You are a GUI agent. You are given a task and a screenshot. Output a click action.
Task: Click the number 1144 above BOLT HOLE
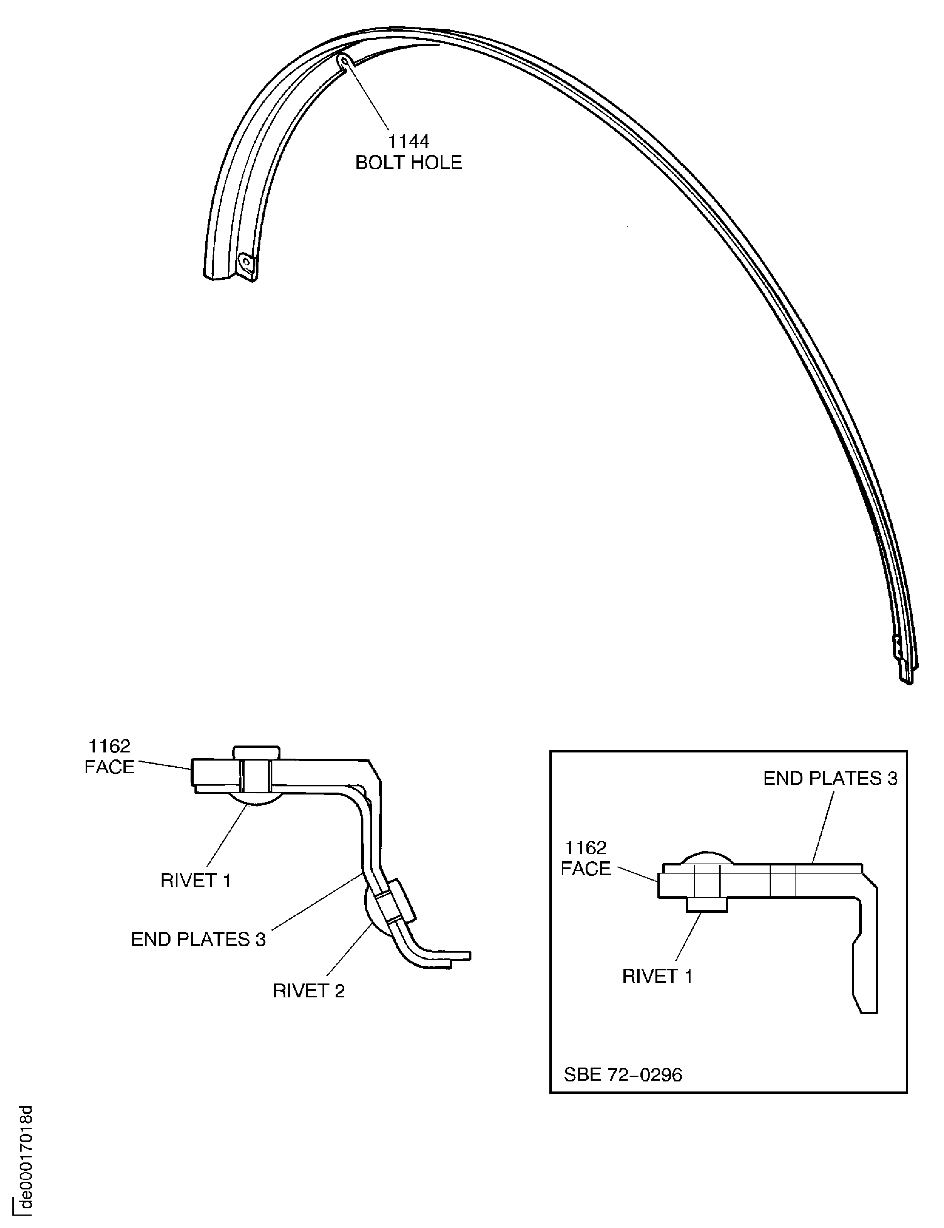coord(409,141)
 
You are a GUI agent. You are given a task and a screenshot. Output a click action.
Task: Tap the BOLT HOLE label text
coord(409,162)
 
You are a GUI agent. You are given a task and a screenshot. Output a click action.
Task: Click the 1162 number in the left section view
coord(110,746)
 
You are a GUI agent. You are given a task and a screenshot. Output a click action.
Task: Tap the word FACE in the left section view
coord(110,767)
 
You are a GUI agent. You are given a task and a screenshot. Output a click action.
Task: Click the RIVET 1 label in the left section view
coord(196,880)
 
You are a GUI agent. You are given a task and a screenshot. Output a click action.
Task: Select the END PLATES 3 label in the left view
coord(198,939)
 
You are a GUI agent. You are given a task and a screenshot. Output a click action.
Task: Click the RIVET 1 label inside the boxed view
coord(657,976)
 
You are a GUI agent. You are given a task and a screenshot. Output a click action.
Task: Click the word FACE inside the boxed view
coord(586,869)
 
